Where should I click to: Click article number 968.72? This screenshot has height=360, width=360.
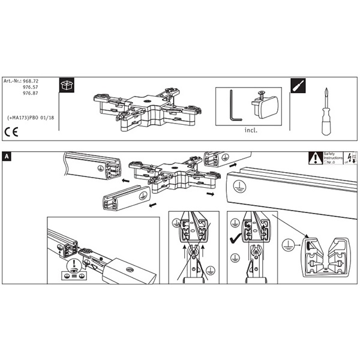[x=30, y=80]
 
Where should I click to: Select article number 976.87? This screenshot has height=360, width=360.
[x=30, y=94]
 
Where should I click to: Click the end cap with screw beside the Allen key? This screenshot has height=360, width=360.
[x=264, y=106]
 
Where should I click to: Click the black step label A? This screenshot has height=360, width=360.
[x=7, y=157]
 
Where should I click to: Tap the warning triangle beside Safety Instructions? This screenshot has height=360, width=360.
[x=315, y=158]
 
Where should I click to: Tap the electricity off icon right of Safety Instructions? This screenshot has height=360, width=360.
[x=349, y=157]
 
